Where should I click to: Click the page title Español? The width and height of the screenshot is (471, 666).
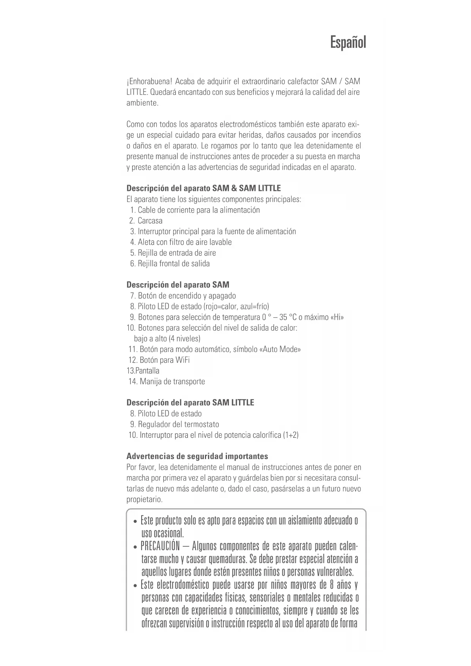(348, 42)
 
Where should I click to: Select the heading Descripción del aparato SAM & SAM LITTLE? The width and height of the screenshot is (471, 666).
(203, 188)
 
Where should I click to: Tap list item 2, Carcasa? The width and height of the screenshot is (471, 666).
(150, 221)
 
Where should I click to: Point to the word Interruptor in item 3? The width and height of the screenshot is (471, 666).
(154, 232)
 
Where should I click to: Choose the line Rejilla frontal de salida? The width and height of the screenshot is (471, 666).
(173, 264)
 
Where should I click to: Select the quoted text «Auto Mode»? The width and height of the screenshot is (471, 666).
(280, 349)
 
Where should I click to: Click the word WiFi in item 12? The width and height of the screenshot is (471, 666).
(183, 360)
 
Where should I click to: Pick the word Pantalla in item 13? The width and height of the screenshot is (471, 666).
(147, 371)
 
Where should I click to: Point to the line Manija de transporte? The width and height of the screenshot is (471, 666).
(172, 382)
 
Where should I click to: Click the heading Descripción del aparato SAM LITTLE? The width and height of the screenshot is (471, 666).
(190, 402)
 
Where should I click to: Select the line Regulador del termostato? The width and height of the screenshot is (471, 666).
(178, 424)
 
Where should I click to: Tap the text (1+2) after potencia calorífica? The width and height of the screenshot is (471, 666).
(291, 435)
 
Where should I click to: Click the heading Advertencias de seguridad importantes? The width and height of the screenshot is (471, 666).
(197, 456)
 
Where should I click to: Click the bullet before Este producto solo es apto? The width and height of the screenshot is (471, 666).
(135, 521)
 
